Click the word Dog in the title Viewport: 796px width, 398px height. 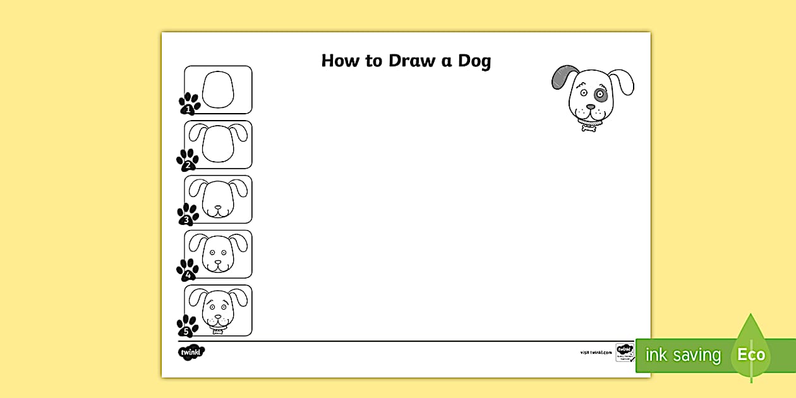[474, 61]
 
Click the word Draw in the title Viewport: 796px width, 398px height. [413, 61]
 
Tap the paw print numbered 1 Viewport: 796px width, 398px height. [189, 104]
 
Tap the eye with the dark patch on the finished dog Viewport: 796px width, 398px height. [600, 97]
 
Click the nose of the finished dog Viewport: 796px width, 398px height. [590, 107]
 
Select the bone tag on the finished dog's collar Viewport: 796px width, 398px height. [589, 128]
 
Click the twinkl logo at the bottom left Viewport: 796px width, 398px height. [191, 352]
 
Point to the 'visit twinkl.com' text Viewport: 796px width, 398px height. [596, 353]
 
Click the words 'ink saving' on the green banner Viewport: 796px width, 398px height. [682, 355]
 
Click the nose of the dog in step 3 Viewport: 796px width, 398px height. [218, 207]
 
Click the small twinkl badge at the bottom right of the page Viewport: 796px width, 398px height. [624, 352]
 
